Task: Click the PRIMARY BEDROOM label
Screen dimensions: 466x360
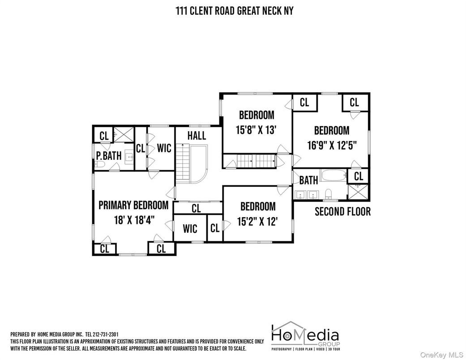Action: click(133, 205)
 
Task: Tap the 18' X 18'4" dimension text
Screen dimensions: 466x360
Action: click(134, 220)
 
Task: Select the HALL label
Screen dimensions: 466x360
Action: click(197, 136)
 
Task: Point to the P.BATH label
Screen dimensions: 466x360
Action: click(109, 155)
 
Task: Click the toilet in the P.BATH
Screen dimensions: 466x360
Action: click(99, 164)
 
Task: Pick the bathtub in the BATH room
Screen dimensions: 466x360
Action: click(333, 175)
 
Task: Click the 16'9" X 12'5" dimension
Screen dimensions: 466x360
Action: click(332, 146)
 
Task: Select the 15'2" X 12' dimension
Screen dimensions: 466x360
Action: click(258, 221)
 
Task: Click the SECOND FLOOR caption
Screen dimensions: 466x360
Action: click(342, 212)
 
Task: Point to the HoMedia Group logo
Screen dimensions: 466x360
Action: click(305, 336)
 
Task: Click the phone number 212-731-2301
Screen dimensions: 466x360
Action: click(106, 334)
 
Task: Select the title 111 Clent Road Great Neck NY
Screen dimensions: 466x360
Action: click(235, 11)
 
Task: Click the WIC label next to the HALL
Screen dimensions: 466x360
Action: click(164, 148)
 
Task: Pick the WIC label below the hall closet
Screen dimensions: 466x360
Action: click(190, 229)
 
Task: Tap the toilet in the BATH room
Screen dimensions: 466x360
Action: click(329, 194)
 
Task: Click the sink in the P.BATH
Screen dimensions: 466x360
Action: click(129, 157)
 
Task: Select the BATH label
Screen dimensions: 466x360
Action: click(308, 180)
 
